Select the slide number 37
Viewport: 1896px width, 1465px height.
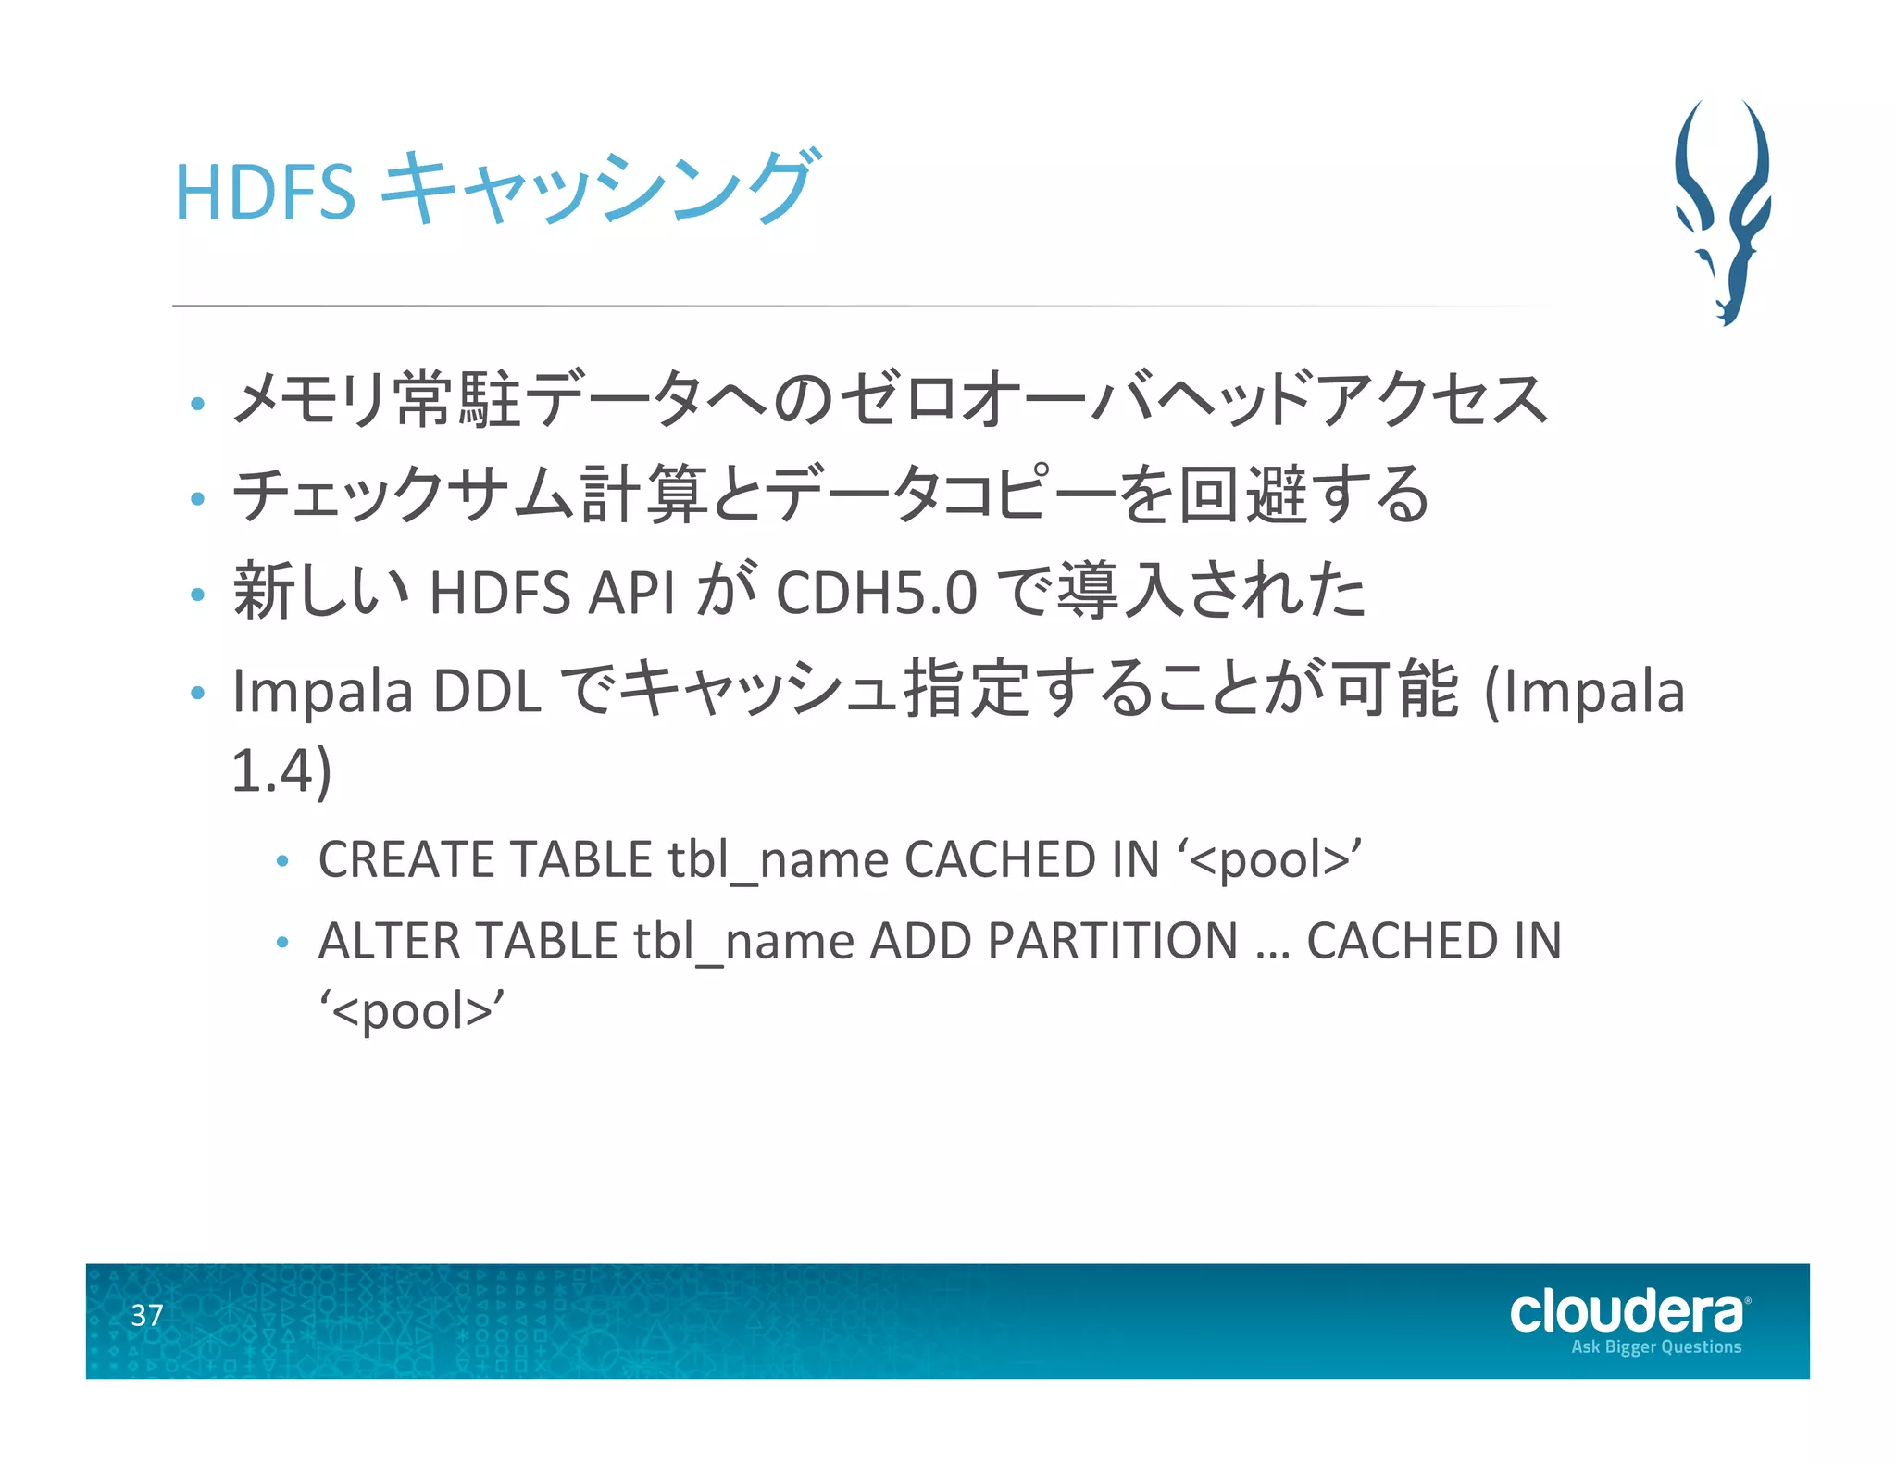tap(147, 1315)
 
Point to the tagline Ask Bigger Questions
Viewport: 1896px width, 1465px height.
tap(1656, 1347)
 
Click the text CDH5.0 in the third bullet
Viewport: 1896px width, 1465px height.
tap(876, 593)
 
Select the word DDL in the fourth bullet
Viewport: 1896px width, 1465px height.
tap(487, 691)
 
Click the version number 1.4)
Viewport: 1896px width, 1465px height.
tap(281, 770)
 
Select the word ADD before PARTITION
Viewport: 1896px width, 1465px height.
tap(921, 941)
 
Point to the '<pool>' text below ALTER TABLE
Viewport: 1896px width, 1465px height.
tap(412, 1010)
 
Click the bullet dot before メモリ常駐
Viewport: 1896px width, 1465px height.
tap(197, 404)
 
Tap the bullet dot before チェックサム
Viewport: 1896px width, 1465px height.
tap(197, 499)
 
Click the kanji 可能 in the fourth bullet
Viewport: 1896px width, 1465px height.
tap(1397, 690)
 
